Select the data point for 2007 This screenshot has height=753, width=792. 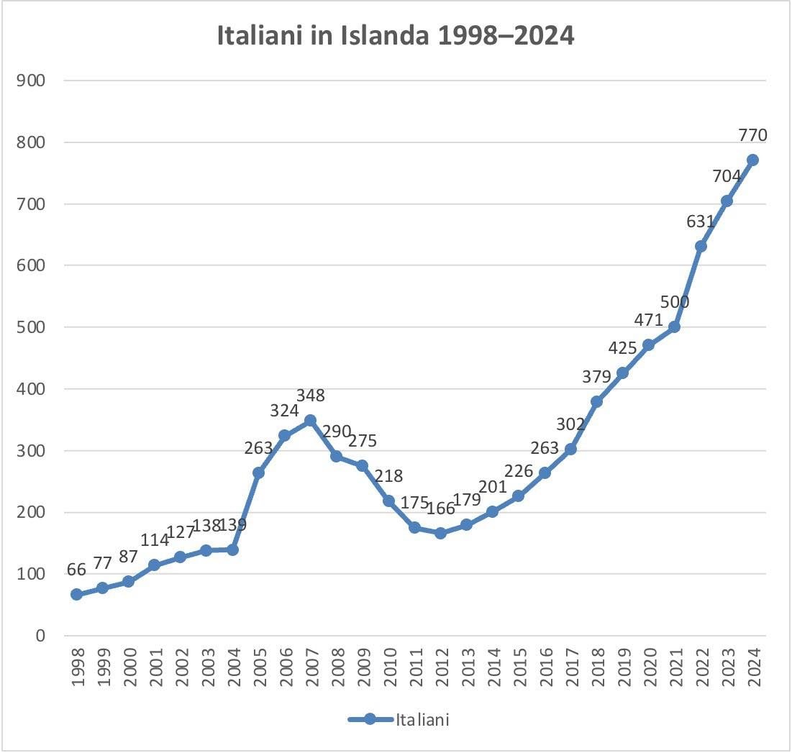coord(310,420)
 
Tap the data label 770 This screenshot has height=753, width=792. coord(752,134)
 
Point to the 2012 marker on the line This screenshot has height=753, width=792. coord(440,533)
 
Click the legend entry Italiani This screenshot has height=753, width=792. coord(399,719)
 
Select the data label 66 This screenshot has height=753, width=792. coord(76,570)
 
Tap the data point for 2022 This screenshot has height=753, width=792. coord(701,246)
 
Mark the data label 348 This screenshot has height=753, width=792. coord(310,395)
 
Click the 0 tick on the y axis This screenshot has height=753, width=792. coord(41,636)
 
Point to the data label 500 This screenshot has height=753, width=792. coord(674,302)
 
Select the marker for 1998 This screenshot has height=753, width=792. coord(76,595)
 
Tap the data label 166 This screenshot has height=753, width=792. coord(440,508)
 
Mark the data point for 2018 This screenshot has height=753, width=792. coord(596,401)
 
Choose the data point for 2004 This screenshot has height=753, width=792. coord(232,549)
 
